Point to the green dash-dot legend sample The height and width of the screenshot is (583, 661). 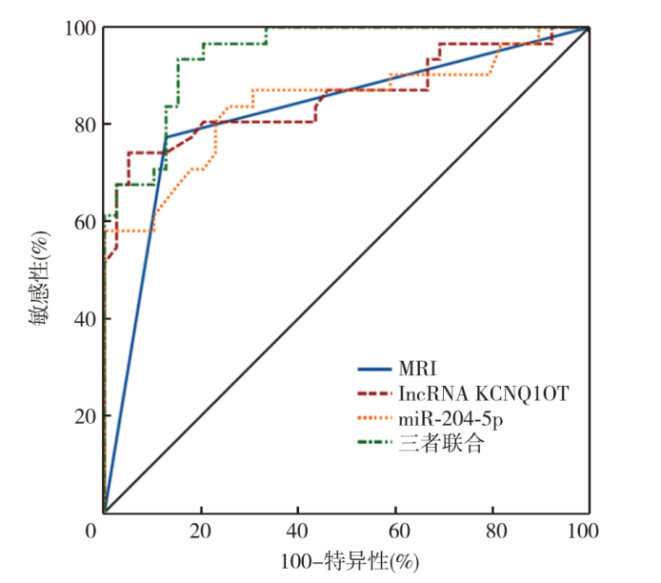click(377, 443)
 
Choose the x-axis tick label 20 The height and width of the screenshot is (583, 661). click(200, 530)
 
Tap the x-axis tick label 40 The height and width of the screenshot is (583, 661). click(297, 530)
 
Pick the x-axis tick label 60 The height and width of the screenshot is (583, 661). click(394, 530)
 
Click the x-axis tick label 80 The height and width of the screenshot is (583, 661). click(491, 530)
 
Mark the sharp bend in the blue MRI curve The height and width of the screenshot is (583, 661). click(167, 137)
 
